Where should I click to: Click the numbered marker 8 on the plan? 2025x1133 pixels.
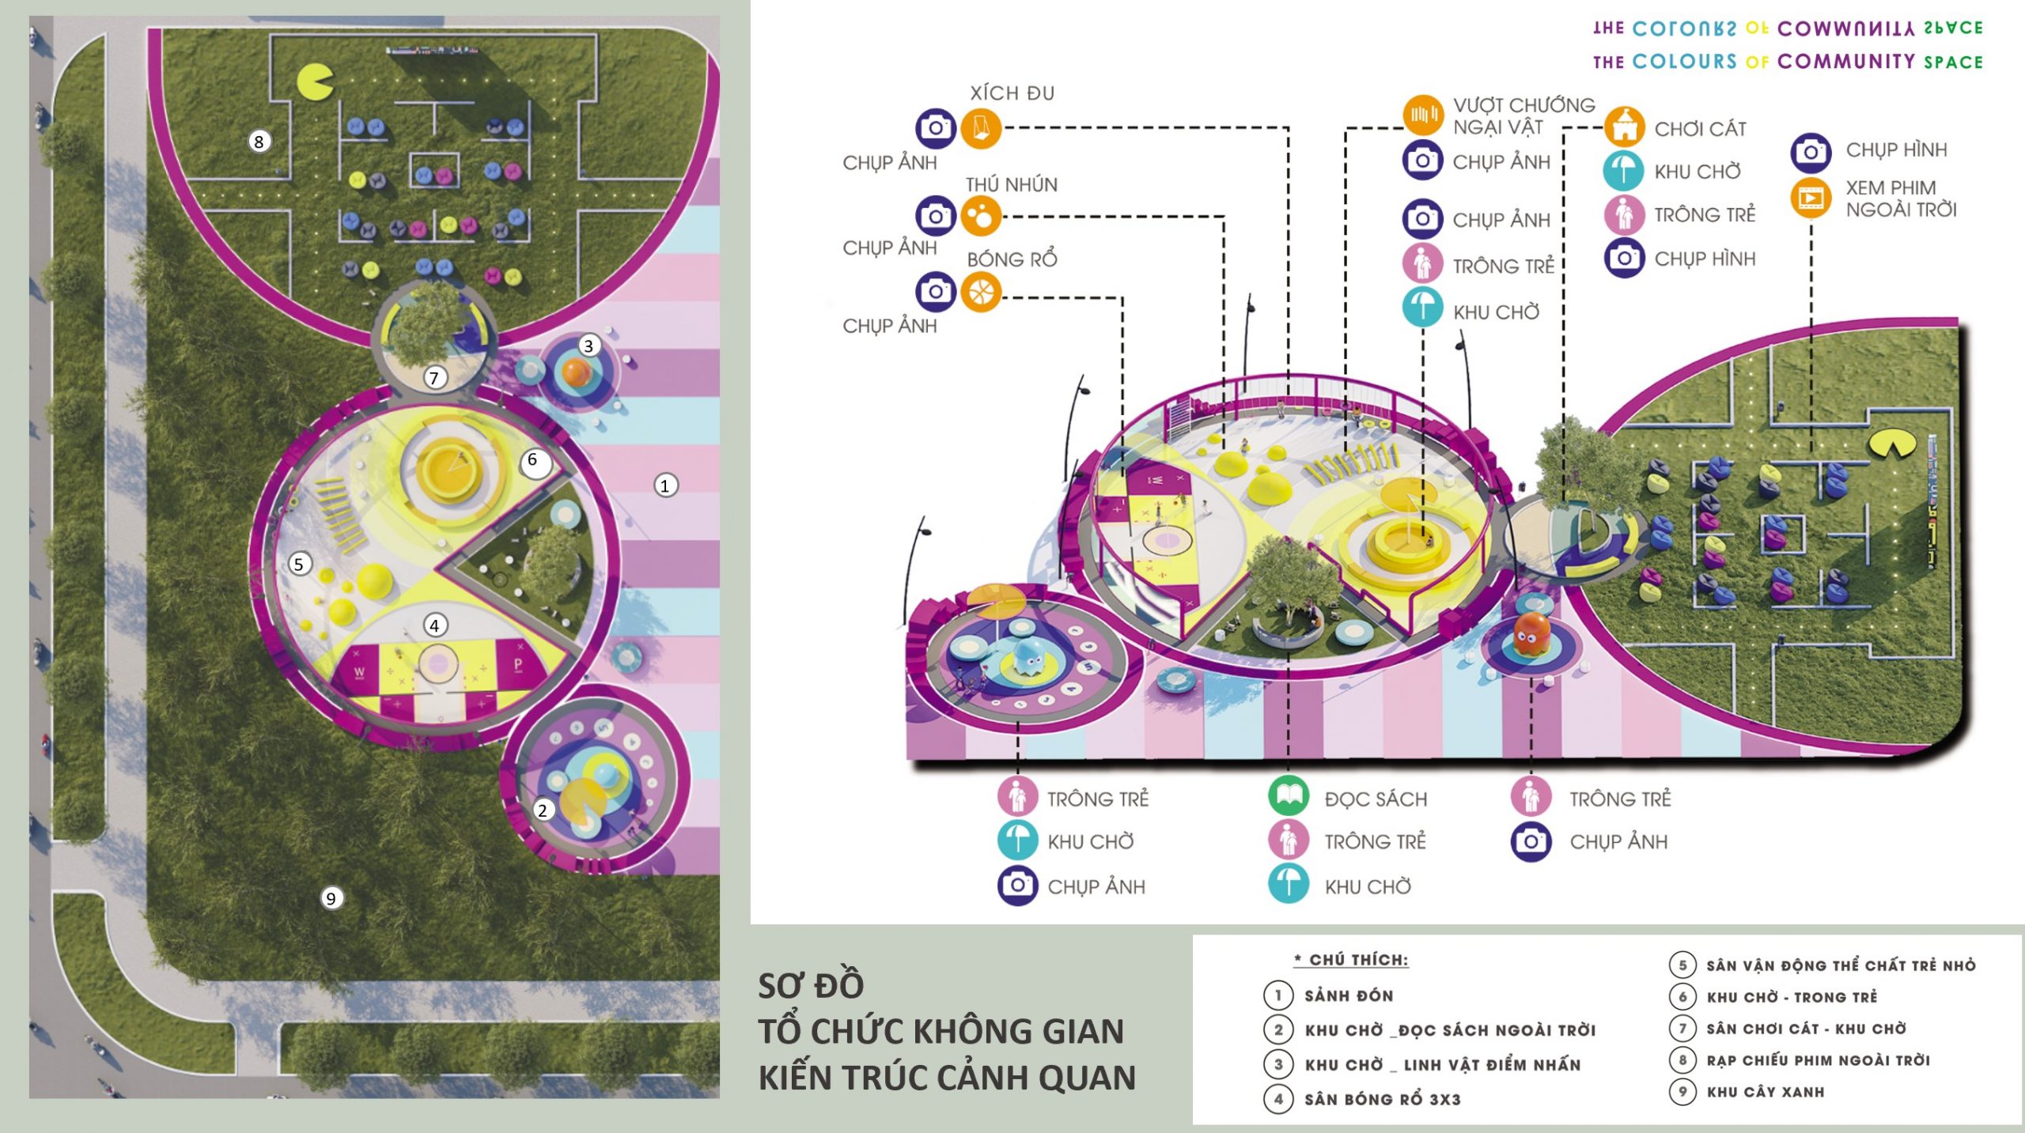[x=259, y=142]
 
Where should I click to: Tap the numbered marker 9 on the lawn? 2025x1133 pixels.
[x=331, y=898]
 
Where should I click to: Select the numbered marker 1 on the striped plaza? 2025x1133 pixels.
[x=665, y=485]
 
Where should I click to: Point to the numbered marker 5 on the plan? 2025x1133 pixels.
[x=298, y=564]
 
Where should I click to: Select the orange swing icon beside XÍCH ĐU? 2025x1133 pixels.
[x=981, y=128]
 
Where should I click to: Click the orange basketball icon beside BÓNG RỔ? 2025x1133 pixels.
[x=981, y=293]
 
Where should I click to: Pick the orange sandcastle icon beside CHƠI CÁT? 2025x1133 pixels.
[x=1625, y=127]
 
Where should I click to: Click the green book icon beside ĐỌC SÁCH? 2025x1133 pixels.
[x=1289, y=797]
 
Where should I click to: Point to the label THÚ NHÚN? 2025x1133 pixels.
[x=1011, y=185]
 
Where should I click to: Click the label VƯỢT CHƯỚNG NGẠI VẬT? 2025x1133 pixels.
[x=1523, y=116]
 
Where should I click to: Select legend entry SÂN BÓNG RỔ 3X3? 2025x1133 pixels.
[x=1382, y=1099]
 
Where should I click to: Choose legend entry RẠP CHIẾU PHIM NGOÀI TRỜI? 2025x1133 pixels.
[x=1818, y=1060]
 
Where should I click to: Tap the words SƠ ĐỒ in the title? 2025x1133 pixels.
[x=811, y=985]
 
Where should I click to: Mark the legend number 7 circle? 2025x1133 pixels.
[x=1682, y=1029]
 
